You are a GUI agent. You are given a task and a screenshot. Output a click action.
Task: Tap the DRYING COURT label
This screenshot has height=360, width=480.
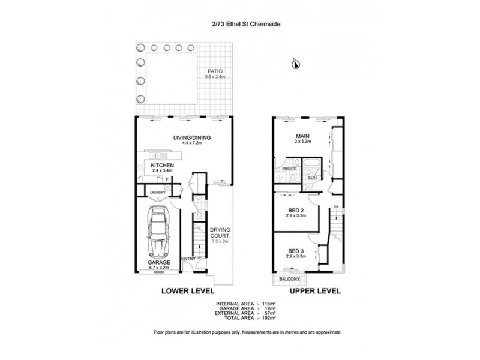pos(218,233)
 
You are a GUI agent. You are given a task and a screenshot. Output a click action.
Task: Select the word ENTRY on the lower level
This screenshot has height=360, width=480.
pos(187,259)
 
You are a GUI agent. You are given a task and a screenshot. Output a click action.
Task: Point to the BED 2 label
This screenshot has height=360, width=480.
pos(295,209)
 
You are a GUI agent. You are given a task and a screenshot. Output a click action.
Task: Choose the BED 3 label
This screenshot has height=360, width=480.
pos(295,251)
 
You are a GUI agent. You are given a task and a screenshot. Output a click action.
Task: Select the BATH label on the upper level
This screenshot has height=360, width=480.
pos(312,178)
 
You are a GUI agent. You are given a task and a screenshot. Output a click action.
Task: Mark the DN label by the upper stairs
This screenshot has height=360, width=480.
pos(337,207)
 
